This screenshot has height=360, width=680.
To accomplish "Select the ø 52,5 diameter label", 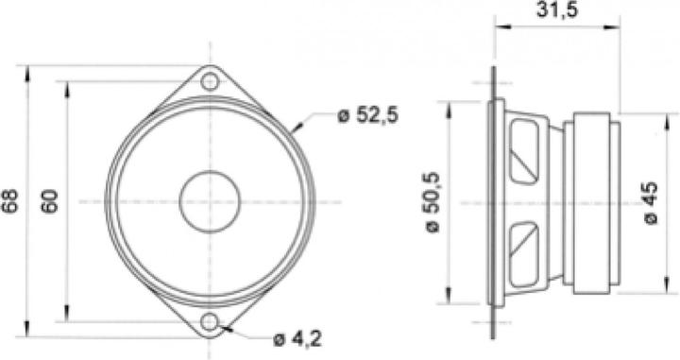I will (x=368, y=115).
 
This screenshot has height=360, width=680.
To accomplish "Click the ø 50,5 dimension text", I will (x=433, y=199).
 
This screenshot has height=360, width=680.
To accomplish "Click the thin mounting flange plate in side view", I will (x=492, y=201).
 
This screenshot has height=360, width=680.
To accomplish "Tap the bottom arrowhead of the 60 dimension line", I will (x=67, y=318).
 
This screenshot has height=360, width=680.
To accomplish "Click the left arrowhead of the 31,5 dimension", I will (x=494, y=28).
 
